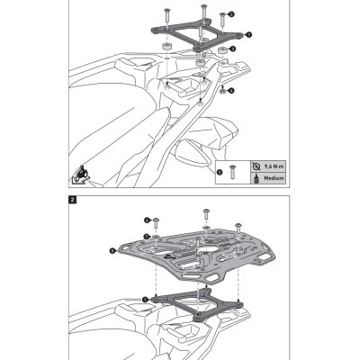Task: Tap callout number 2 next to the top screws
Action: coord(230,14)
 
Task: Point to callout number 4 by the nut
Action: coord(232,90)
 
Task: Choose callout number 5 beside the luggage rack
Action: coord(112,251)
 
